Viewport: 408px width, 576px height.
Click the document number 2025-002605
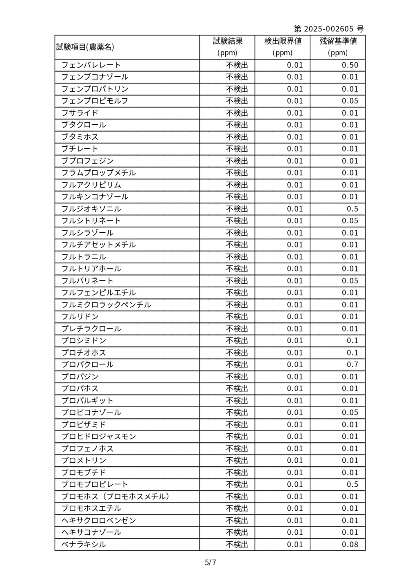click(328, 29)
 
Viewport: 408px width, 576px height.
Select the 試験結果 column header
click(228, 41)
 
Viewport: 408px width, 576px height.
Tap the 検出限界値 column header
click(283, 41)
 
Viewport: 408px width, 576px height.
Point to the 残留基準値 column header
click(338, 41)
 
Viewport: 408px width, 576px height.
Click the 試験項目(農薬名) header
click(85, 47)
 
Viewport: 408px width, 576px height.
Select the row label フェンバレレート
click(91, 65)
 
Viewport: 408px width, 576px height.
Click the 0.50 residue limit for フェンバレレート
click(350, 65)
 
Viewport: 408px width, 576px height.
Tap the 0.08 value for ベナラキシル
click(350, 544)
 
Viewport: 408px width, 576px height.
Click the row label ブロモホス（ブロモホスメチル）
click(115, 497)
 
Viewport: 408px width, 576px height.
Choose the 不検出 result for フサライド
click(237, 113)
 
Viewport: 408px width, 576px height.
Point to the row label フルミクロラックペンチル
click(106, 305)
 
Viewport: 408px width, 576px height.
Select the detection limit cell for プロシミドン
click(295, 340)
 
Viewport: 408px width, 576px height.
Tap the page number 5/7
click(211, 563)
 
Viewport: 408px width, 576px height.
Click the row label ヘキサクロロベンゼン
click(99, 520)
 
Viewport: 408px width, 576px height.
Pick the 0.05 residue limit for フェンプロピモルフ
click(350, 101)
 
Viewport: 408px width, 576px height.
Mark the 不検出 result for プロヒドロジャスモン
click(237, 436)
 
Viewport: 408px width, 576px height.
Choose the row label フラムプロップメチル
click(99, 173)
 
